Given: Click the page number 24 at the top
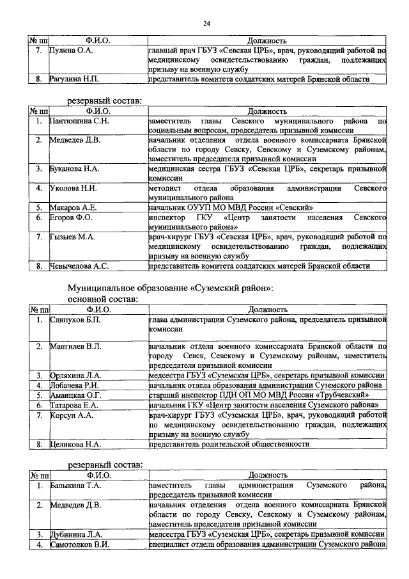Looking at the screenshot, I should click(206, 24).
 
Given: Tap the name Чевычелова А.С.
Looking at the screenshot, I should click(80, 266).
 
